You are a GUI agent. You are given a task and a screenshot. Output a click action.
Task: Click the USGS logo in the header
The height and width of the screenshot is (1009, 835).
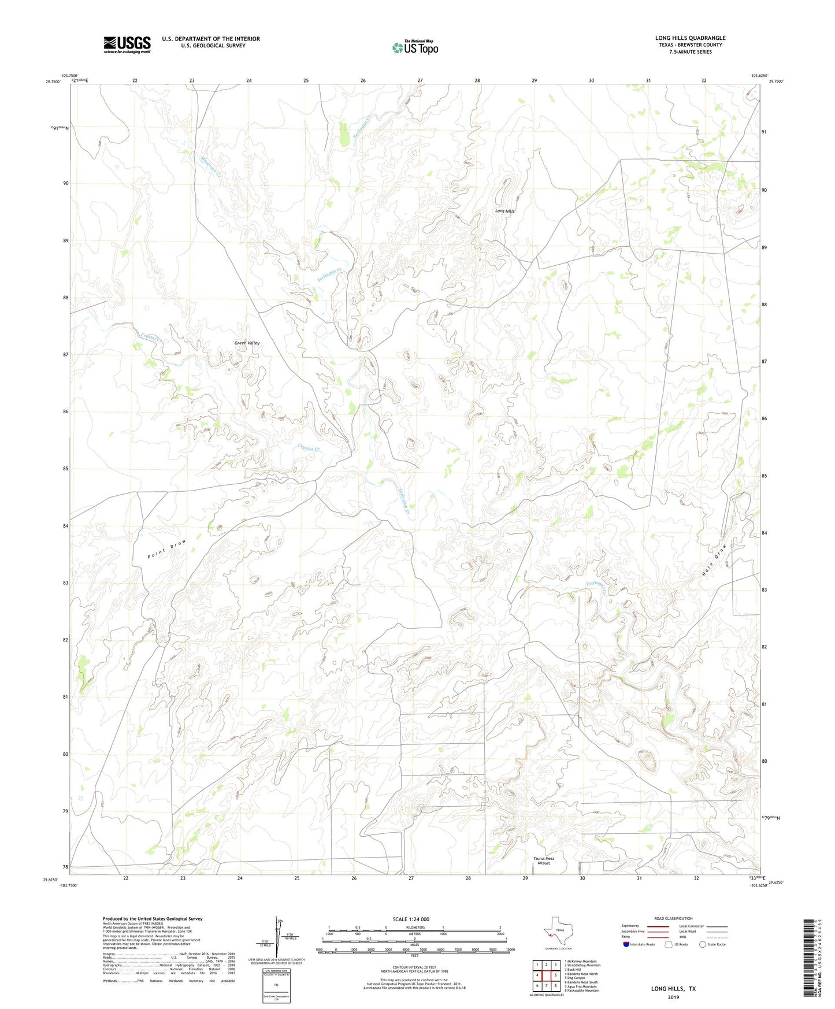click(x=127, y=44)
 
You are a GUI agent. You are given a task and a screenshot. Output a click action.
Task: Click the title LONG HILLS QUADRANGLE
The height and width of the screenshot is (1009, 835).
click(x=690, y=38)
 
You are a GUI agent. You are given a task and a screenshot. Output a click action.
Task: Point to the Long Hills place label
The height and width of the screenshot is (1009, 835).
click(x=504, y=211)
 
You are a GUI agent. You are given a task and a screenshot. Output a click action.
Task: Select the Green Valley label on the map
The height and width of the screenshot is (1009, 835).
click(x=247, y=343)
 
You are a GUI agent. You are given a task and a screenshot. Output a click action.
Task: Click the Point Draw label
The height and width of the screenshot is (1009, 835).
click(x=167, y=549)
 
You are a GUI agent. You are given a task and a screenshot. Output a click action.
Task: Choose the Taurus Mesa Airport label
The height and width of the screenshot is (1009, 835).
click(x=543, y=860)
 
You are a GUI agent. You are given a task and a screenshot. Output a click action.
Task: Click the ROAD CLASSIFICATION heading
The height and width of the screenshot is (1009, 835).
click(x=673, y=918)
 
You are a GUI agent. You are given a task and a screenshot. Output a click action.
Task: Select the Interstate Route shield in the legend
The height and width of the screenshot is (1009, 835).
click(x=628, y=945)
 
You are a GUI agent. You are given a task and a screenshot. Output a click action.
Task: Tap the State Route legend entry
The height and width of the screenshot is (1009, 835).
click(x=711, y=945)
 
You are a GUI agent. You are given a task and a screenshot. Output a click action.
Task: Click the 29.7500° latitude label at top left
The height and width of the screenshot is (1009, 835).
click(x=53, y=82)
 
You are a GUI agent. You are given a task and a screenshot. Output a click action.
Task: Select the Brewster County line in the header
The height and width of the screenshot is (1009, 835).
click(x=690, y=45)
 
